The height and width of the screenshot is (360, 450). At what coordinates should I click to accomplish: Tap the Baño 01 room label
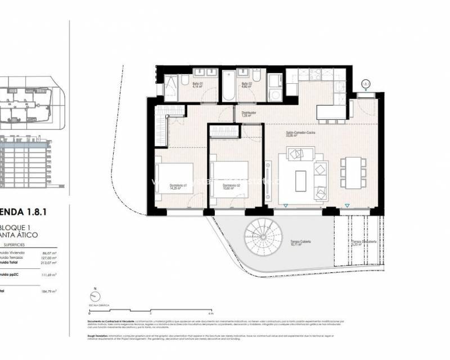(x=197, y=86)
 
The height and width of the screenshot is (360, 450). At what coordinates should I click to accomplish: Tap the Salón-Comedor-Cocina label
(x=300, y=134)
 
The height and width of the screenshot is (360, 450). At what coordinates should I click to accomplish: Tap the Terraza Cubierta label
(x=300, y=242)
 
